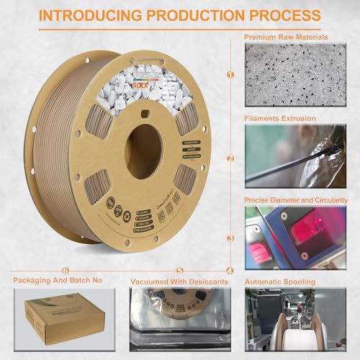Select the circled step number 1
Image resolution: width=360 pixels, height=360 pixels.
pos(230,73)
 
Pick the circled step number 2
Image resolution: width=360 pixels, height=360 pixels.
pos(230,158)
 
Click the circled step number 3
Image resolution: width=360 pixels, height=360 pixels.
pos(230,238)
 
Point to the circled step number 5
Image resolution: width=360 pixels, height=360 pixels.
pos(179,271)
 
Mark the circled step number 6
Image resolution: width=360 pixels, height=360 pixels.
pos(65,271)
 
